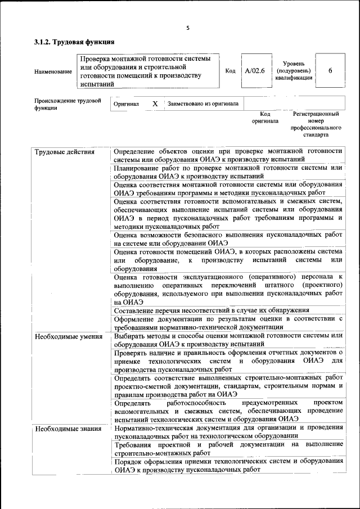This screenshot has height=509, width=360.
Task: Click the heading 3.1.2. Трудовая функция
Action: point(74,42)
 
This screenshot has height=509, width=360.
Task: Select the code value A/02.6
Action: point(254,71)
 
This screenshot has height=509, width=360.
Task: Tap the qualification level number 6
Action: point(330,71)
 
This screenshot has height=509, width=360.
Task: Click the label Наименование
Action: point(53,71)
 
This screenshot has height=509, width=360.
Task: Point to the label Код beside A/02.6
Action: point(230,71)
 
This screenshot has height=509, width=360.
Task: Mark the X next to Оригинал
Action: point(155,104)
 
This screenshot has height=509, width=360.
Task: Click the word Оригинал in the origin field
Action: point(126,105)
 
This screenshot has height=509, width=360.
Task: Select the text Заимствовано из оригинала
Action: point(202,104)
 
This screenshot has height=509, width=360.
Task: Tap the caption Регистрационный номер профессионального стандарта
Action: point(316,124)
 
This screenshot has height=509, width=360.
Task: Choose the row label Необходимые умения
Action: point(68,337)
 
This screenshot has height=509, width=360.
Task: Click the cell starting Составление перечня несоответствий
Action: point(211,310)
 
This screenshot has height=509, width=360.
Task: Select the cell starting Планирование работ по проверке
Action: point(228,172)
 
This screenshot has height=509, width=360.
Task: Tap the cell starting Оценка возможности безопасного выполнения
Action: point(228,238)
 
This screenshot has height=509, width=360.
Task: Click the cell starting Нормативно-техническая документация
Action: point(228,432)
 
